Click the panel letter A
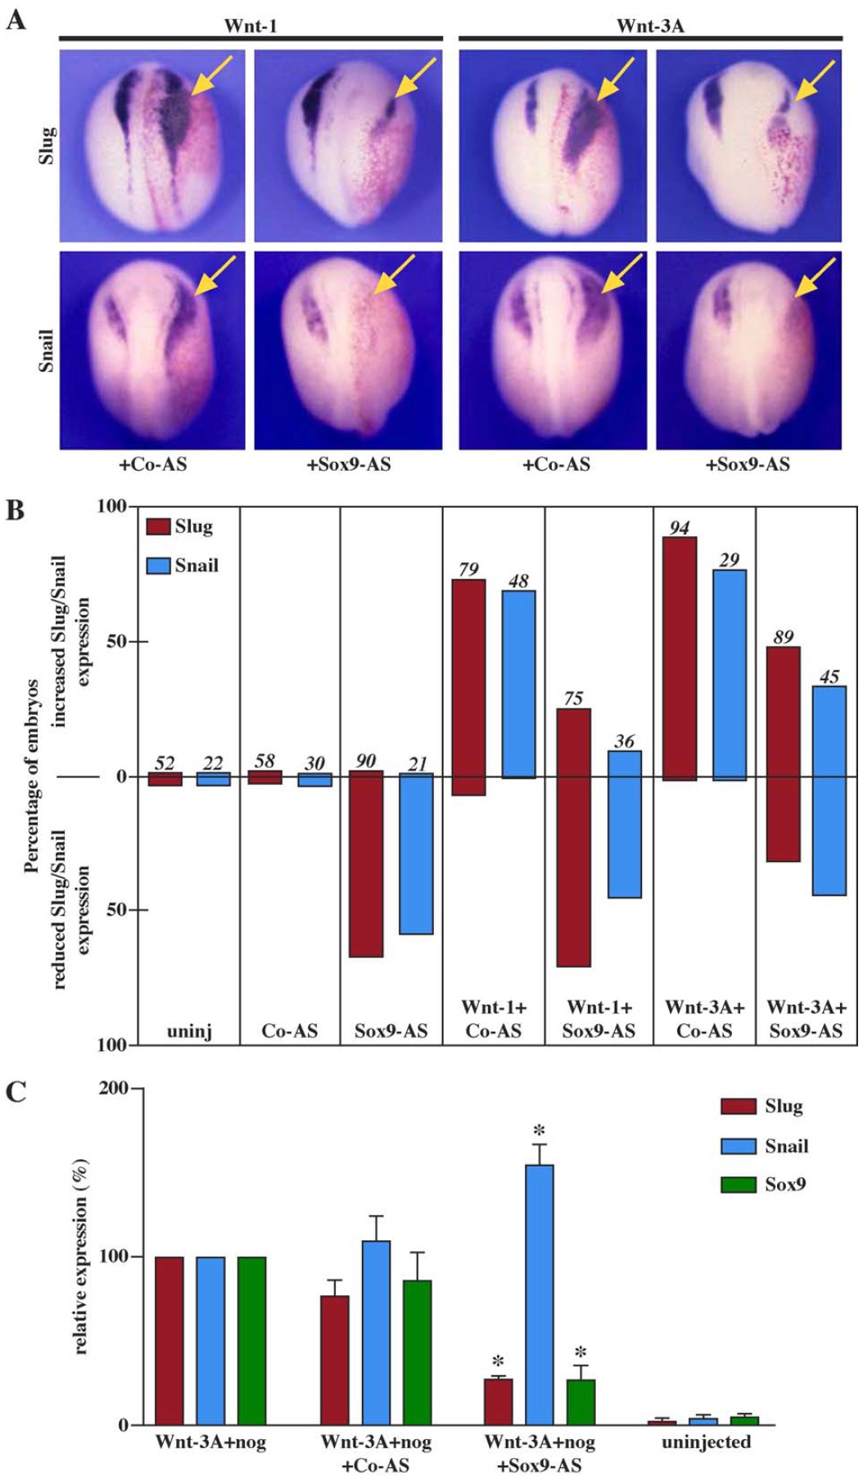pos(16,19)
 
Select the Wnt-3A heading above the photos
pos(650,25)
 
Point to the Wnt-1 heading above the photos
pos(251,25)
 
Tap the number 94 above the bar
pos(679,528)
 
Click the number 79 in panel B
pos(468,569)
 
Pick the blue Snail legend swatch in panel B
pos(158,566)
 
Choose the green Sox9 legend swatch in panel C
pos(738,1185)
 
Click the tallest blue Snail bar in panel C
pos(539,1293)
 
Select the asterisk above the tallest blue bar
pos(539,1133)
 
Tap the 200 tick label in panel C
pos(114,1089)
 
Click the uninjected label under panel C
pos(706,1442)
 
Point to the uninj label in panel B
pos(189,1031)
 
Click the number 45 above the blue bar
pos(829,677)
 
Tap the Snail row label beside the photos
pos(47,350)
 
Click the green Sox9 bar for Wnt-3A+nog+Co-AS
pos(417,1352)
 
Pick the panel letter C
pos(16,1092)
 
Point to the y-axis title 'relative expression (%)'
pos(81,1257)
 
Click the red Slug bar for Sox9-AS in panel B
pos(366,864)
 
